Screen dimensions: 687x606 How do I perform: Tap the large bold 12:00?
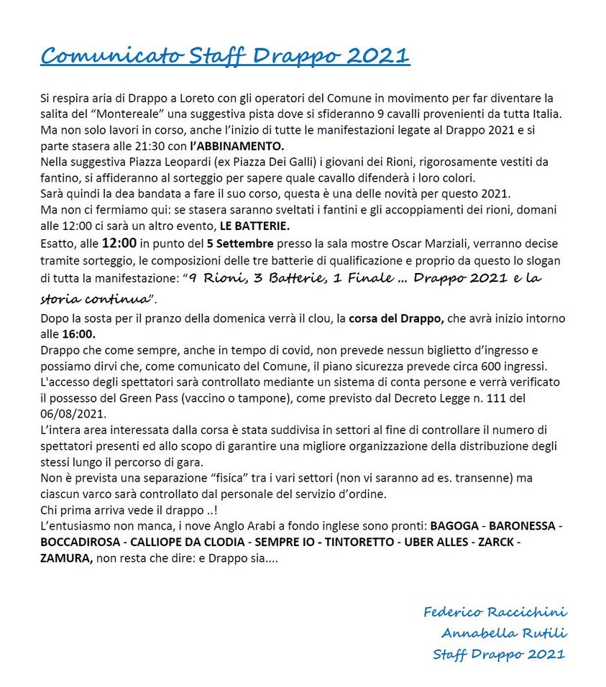click(118, 242)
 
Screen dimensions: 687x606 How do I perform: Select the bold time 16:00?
click(79, 334)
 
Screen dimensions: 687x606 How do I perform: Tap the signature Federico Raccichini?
click(495, 612)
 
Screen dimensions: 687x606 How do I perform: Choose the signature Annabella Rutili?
click(504, 633)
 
